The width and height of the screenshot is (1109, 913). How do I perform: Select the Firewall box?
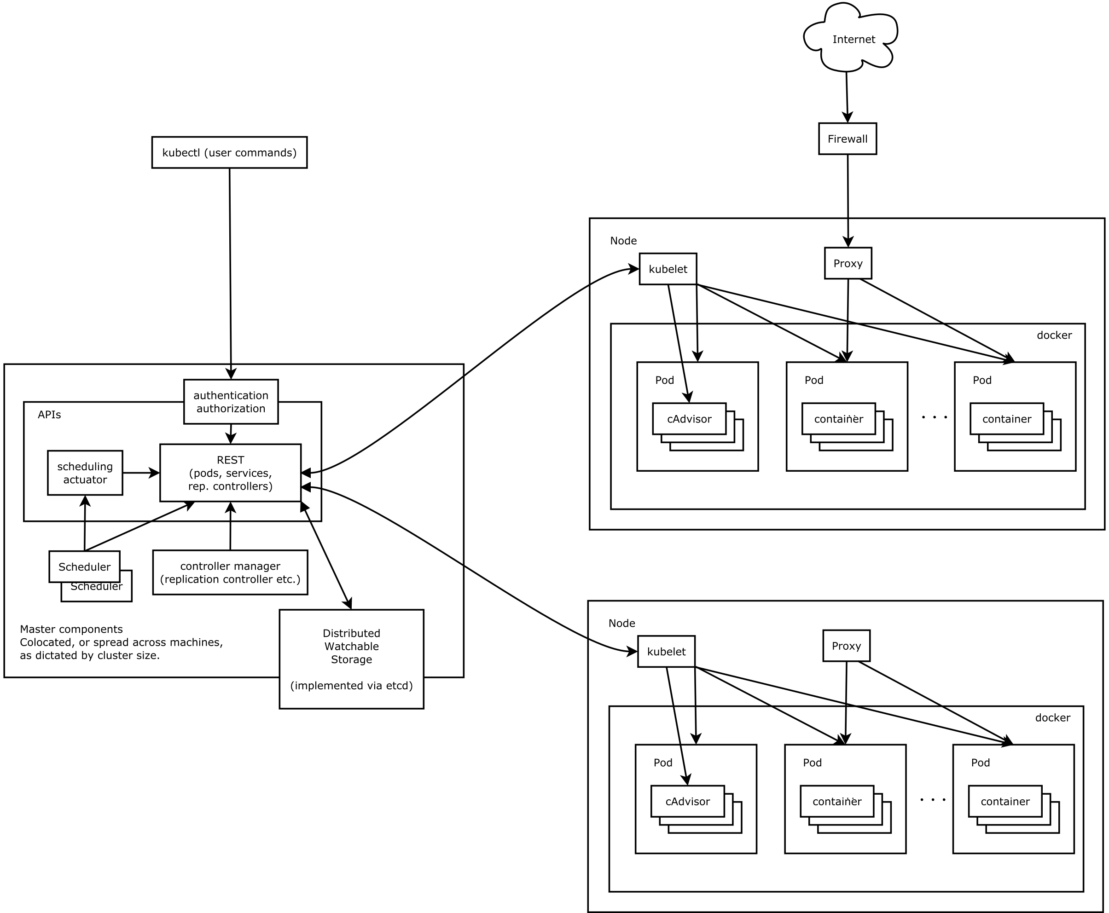847,139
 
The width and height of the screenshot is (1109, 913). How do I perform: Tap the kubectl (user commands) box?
229,152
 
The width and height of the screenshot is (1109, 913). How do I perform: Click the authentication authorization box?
231,401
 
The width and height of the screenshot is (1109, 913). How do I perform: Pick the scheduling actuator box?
85,472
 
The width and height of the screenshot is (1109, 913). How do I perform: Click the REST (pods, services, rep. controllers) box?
231,472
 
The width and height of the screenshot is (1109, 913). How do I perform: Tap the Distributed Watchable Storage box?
351,659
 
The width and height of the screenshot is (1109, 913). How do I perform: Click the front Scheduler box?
84,566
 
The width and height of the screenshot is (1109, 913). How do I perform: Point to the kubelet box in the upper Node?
668,269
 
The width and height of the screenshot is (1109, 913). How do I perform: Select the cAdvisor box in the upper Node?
689,419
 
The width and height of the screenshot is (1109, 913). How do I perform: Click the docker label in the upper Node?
1054,335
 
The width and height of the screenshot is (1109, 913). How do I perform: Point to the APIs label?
49,415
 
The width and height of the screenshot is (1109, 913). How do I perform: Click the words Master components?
71,629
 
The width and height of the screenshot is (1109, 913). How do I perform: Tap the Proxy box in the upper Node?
848,263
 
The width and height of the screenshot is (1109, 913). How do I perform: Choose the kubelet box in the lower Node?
666,651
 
